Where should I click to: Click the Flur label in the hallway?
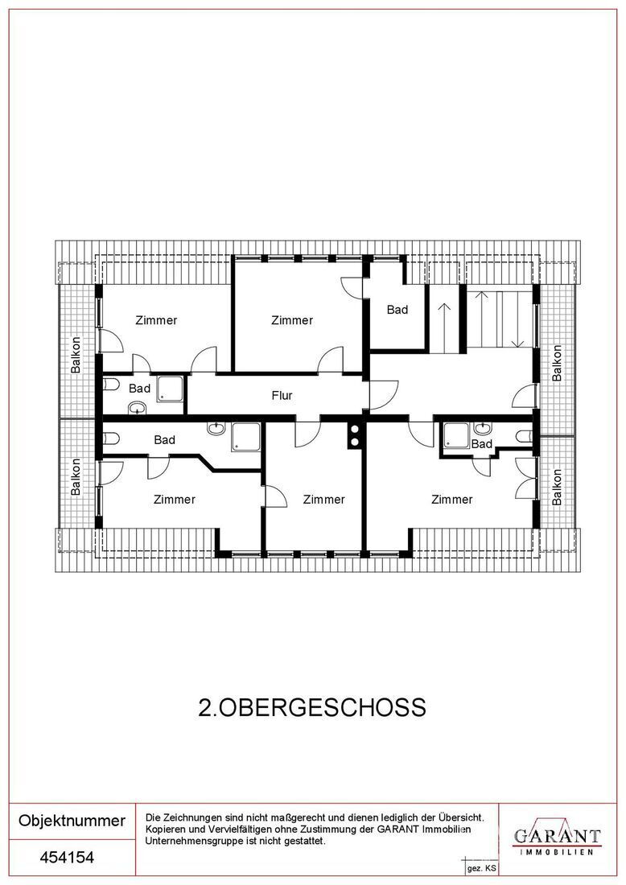(282, 396)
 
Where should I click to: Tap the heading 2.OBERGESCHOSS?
(312, 708)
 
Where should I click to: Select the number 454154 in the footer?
(67, 858)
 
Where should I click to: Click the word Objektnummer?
(72, 821)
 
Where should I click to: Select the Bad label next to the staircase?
(397, 309)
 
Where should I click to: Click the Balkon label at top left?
(76, 355)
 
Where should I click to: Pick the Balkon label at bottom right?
(557, 487)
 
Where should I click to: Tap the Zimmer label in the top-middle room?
(292, 320)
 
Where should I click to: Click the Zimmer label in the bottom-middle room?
(323, 500)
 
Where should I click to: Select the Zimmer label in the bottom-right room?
(451, 500)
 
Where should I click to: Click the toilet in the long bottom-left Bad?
(111, 438)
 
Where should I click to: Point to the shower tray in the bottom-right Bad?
(456, 435)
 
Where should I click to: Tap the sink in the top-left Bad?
(137, 407)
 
